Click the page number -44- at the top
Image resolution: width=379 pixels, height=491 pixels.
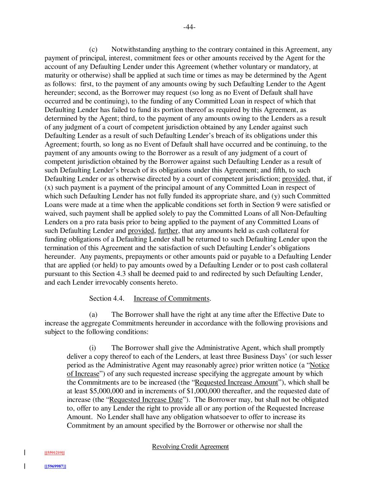[x=189, y=27]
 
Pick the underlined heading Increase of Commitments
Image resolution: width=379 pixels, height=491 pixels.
[x=171, y=299]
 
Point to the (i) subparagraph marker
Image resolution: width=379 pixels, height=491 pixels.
[x=92, y=348]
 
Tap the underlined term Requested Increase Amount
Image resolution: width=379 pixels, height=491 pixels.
[x=236, y=382]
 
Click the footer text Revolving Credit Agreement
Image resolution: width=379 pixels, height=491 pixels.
[x=190, y=446]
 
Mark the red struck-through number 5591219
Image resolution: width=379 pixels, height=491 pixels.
[x=54, y=453]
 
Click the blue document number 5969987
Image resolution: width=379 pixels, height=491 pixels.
[x=55, y=467]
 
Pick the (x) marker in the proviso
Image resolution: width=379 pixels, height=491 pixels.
[x=48, y=187]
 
